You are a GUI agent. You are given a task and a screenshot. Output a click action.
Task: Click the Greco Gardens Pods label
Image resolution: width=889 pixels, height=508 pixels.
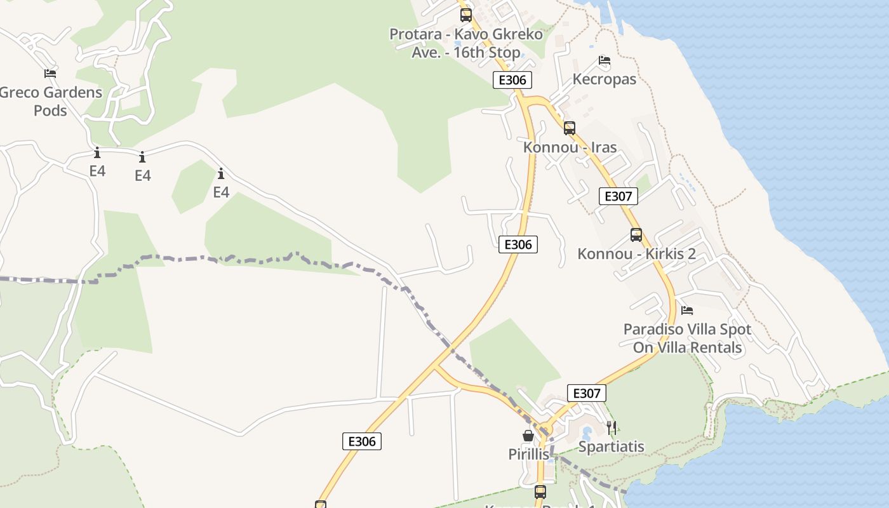(x=50, y=102)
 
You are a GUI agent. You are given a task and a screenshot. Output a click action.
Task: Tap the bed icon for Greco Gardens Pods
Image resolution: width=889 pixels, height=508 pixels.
(x=50, y=74)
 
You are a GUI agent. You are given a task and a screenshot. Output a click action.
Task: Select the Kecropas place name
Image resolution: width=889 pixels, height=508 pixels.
(x=604, y=79)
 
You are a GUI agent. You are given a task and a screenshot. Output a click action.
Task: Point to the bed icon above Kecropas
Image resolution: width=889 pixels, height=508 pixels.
(x=605, y=61)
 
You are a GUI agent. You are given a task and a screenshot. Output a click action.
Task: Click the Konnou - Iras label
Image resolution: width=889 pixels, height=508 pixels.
(x=570, y=147)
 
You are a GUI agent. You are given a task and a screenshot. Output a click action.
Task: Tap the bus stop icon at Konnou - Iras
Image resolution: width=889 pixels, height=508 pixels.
(x=570, y=128)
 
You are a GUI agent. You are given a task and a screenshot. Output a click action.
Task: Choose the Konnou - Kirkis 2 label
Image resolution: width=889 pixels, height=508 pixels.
(x=636, y=254)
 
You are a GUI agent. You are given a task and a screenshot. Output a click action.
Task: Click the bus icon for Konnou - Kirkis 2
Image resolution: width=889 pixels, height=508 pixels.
(x=636, y=235)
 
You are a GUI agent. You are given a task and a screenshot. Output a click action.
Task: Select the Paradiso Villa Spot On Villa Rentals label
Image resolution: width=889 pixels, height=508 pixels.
(x=687, y=338)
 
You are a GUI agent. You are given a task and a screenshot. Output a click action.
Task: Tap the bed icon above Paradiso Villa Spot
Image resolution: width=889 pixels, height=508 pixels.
(x=687, y=311)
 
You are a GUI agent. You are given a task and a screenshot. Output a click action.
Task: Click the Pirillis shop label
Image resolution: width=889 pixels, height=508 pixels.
(x=528, y=455)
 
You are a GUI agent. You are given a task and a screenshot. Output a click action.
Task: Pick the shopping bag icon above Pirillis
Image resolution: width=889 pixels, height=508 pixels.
(x=528, y=436)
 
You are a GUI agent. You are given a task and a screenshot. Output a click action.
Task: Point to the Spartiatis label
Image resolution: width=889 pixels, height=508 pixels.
(x=611, y=447)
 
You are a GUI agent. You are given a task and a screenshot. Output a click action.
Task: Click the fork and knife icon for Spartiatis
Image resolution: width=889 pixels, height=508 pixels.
(x=612, y=427)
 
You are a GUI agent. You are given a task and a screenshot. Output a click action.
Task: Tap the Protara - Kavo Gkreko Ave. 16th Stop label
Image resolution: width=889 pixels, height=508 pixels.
(x=466, y=43)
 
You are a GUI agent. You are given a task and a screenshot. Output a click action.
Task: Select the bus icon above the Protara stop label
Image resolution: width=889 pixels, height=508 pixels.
(x=466, y=15)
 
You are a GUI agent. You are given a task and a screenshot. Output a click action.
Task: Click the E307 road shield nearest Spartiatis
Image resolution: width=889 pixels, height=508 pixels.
(x=586, y=393)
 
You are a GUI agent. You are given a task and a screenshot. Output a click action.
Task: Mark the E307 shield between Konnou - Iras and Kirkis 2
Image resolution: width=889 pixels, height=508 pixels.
(x=618, y=196)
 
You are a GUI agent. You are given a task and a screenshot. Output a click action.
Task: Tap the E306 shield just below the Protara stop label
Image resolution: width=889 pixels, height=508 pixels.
(x=512, y=80)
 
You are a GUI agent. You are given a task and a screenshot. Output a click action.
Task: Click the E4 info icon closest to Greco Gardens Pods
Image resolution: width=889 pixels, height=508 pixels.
(x=97, y=153)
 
